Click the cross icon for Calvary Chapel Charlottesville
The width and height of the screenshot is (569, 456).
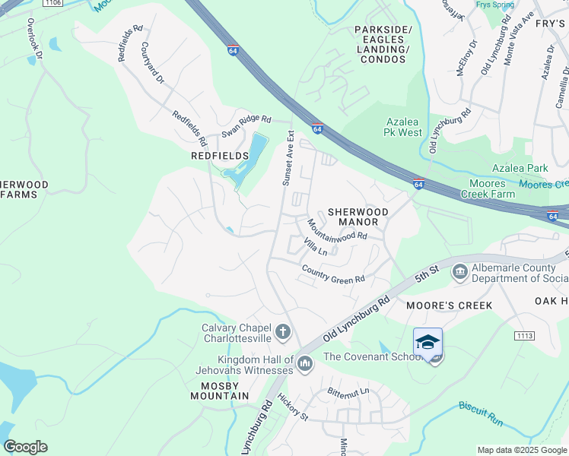pos(282,331)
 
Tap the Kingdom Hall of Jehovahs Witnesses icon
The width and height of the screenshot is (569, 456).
pos(305,364)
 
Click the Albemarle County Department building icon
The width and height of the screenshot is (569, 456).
pos(459,271)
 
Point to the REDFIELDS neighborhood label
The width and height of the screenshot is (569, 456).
pos(220,156)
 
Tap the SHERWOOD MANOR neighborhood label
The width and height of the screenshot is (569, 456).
pos(358,217)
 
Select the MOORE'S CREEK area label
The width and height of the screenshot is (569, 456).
pos(449,306)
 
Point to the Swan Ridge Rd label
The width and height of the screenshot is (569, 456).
pos(246,125)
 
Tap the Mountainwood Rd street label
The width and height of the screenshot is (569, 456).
pos(337,230)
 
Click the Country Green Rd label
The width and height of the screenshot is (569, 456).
pos(333,275)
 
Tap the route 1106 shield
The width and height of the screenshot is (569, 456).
pos(52,3)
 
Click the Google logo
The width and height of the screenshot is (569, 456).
pos(25,447)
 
